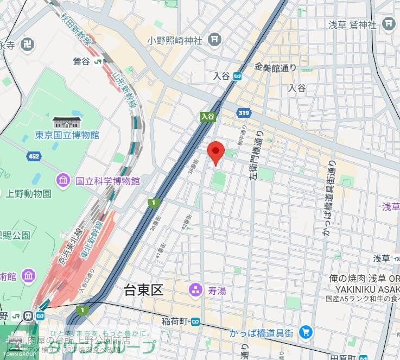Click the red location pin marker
coord(215,151)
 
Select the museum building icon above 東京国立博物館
coord(67,122)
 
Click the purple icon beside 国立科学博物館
coord(64,180)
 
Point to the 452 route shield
coord(34,156)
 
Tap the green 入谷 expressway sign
coord(208,116)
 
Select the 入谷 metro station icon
coord(237,77)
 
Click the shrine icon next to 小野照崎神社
coord(215,40)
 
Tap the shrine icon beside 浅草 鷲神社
coord(389,23)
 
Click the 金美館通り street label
coord(276,67)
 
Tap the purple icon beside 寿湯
coord(194,291)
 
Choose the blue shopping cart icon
coord(306,332)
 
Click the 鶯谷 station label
coord(81,61)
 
